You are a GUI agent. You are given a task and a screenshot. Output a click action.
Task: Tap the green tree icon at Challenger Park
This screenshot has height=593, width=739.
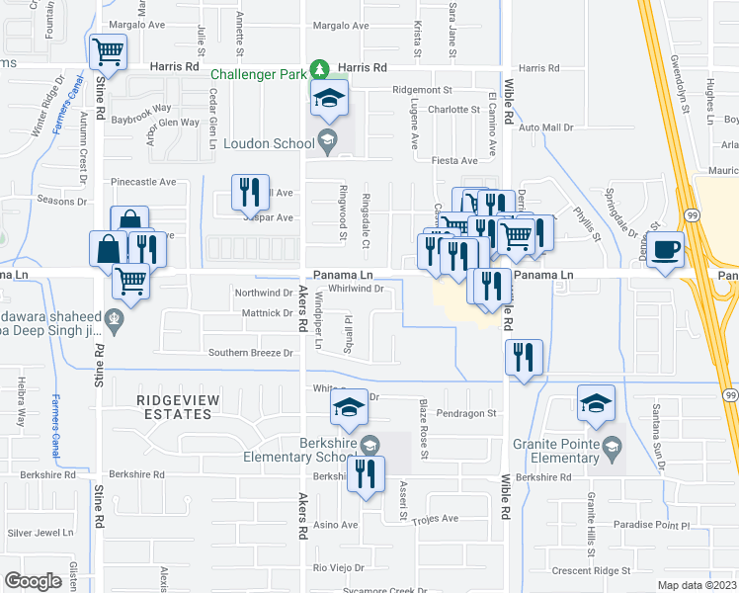319,69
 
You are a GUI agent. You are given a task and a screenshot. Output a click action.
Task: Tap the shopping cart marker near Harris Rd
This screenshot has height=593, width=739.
108,50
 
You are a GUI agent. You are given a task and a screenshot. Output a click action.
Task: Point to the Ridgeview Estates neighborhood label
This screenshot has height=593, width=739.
175,406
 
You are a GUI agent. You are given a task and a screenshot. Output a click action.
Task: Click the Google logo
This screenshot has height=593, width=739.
33,581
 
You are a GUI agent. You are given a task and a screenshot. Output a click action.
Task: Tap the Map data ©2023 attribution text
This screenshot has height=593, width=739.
698,585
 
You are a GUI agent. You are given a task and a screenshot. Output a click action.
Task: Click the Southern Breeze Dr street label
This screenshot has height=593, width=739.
251,353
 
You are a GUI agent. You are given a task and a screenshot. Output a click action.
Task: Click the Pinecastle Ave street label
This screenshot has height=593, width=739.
143,182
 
